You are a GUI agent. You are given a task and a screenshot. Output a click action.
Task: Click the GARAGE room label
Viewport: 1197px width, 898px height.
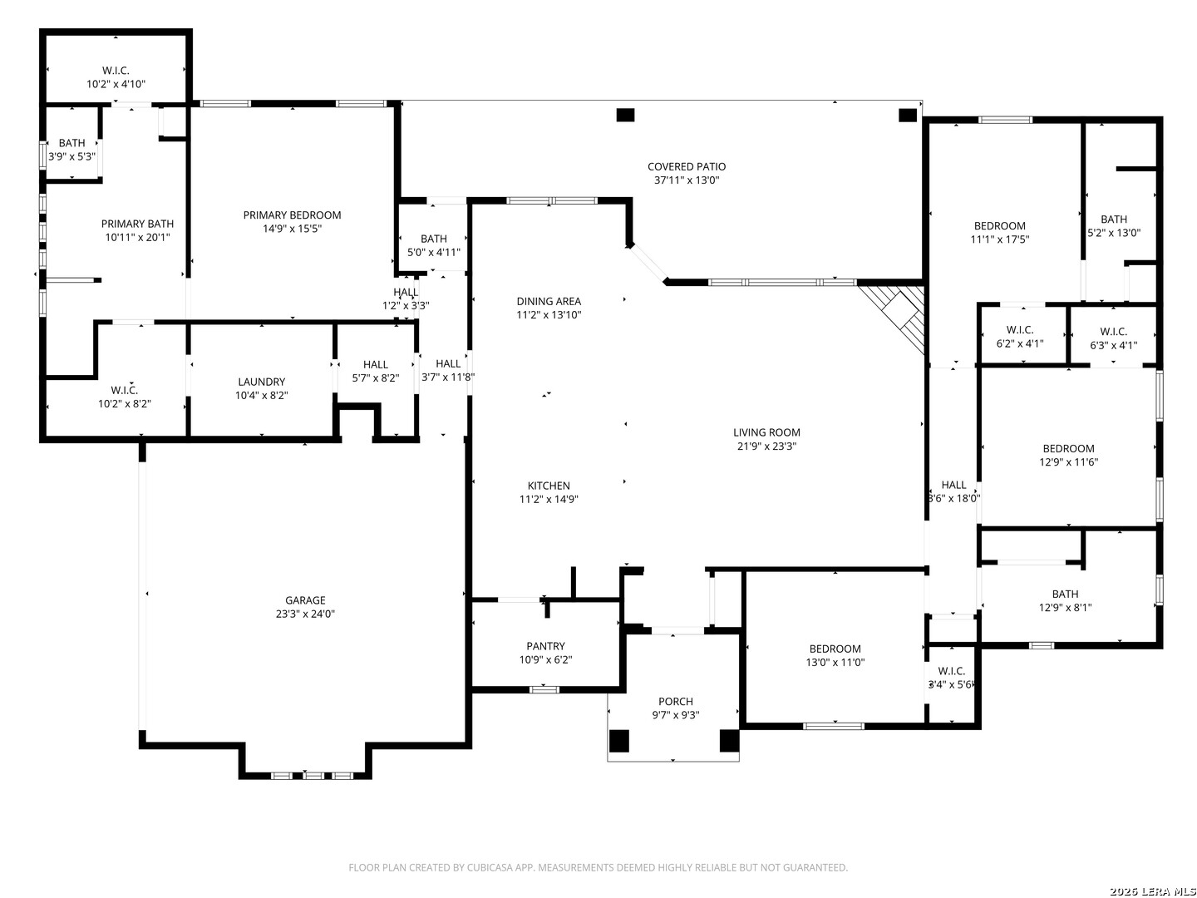tap(305, 599)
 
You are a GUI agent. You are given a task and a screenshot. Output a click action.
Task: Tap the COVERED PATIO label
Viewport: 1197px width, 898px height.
tap(686, 166)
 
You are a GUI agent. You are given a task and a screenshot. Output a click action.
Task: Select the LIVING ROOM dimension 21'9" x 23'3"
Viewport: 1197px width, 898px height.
tap(766, 446)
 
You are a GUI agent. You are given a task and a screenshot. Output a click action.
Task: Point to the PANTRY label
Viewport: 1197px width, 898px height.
tap(545, 645)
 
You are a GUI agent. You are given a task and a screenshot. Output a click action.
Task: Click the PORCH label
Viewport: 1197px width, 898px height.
tap(675, 701)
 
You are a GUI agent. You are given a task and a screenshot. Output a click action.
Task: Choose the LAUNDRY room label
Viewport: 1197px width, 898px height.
tap(261, 382)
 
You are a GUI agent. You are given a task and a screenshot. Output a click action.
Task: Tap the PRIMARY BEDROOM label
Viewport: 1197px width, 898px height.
tap(292, 215)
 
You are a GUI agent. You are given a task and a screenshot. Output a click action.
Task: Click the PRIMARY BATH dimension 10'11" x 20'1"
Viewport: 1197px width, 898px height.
tap(137, 237)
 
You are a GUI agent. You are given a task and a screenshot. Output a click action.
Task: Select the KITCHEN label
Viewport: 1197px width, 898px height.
tap(549, 486)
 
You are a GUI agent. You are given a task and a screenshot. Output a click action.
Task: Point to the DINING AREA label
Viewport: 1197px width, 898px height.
tap(549, 301)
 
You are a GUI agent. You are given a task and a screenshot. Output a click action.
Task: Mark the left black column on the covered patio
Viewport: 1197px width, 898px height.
tap(625, 115)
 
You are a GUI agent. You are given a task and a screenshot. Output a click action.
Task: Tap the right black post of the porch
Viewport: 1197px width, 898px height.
tap(728, 740)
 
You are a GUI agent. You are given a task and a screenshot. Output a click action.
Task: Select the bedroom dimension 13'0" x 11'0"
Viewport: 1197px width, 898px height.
tap(835, 663)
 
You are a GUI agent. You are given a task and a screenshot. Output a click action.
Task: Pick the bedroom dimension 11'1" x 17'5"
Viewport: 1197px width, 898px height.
tap(999, 239)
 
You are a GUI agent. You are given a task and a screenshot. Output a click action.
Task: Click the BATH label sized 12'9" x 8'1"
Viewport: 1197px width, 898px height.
tap(1065, 594)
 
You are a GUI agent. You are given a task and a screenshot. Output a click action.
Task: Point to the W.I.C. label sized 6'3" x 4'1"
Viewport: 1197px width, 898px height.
tap(1113, 332)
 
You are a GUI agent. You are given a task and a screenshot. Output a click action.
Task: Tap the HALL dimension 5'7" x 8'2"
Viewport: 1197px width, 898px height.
tap(375, 377)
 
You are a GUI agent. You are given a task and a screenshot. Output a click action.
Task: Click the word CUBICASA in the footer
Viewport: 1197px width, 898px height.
tap(489, 867)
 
